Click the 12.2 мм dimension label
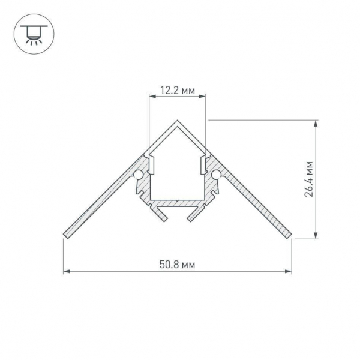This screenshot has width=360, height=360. coord(177,91)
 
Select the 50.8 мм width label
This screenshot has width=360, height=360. coord(178,264)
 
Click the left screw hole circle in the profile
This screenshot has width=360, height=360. coord(139,175)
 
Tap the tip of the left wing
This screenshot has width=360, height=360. coord(65,233)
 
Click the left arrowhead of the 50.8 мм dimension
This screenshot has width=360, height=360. coord(66,271)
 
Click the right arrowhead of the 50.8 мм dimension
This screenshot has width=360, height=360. coord(289,271)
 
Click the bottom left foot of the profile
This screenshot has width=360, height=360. coord(161,215)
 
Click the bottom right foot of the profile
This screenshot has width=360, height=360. coord(193,215)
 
